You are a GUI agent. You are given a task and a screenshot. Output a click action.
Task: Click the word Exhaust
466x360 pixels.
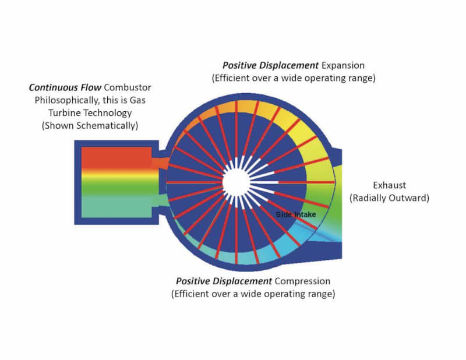(x=389, y=186)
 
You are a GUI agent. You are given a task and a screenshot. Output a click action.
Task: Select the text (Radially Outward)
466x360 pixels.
(x=389, y=198)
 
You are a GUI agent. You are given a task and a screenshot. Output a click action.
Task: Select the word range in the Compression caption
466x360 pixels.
(x=322, y=294)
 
